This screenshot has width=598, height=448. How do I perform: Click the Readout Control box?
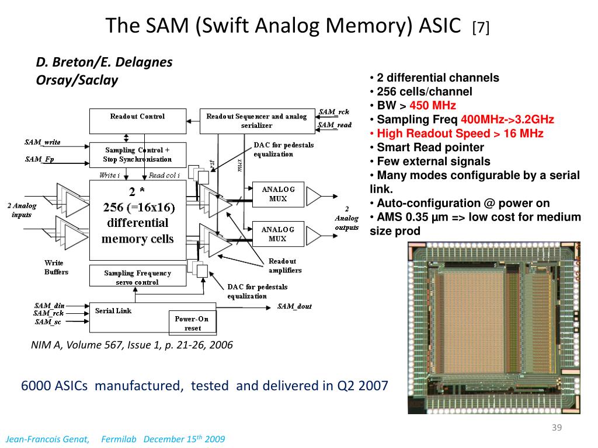138,120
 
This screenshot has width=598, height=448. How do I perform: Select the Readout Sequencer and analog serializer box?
256,121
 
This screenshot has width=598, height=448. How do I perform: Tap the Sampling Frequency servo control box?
138,277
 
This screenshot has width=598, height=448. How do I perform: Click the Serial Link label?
113,311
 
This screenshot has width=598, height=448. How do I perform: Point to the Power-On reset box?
192,323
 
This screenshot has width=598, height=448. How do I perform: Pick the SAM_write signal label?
43,142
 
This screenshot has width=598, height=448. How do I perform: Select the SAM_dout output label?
294,306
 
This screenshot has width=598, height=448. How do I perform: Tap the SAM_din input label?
50,306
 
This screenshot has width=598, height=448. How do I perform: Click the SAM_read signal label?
335,125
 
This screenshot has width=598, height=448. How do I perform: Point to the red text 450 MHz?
433,106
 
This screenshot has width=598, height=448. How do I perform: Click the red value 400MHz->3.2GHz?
507,120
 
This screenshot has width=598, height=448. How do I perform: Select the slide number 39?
557,429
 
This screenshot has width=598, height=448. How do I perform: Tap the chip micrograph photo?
493,328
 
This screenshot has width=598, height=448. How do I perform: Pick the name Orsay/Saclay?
77,80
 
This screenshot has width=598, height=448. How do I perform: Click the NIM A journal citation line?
132,345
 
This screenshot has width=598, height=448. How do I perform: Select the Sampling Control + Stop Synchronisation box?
138,155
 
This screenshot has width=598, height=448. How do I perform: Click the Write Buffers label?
56,267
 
